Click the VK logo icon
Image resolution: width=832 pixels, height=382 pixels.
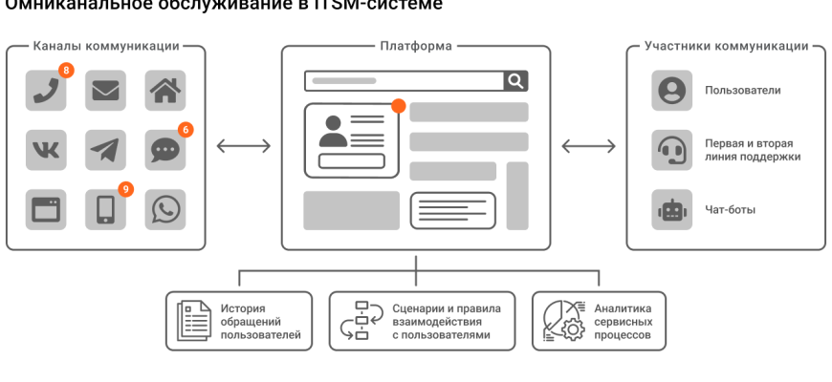46,149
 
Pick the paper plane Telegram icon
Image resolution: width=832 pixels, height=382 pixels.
105,149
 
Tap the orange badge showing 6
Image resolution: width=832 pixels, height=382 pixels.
186,129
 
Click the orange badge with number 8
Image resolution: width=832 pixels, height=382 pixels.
66,70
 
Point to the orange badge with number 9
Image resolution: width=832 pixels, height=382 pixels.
125,189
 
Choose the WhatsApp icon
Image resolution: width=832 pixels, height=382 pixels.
164,209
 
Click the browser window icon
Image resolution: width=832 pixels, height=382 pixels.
46,209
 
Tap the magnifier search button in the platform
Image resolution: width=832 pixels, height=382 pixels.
515,81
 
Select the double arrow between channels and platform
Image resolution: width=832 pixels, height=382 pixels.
243,146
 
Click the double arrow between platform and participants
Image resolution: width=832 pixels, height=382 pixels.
588,146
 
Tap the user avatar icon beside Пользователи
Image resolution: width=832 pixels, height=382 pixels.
671,91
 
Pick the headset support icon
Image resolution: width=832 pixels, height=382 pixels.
671,150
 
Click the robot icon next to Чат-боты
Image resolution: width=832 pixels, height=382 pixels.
671,209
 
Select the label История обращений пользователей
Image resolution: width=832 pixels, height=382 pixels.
261,322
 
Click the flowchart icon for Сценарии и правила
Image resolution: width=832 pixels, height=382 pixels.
359,322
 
